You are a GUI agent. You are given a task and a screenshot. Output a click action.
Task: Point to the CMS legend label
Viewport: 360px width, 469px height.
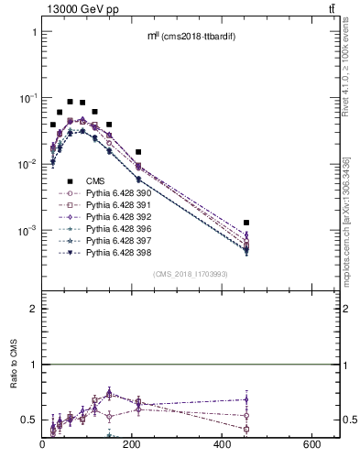coord(95,181)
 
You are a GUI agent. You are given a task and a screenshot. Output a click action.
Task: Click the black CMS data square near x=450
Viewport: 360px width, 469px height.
coord(247,223)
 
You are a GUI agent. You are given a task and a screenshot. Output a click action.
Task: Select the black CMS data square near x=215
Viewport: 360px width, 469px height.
coord(138,152)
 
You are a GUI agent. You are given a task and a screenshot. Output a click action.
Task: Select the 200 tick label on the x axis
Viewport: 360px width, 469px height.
coord(133,444)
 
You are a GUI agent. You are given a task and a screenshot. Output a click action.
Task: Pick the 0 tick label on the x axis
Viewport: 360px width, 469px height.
coord(42,444)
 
